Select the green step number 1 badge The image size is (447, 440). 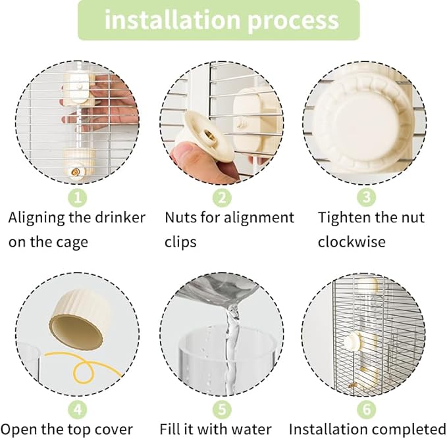(x=78, y=197)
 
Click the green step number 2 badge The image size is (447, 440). (x=222, y=197)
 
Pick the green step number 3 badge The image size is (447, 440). (x=366, y=197)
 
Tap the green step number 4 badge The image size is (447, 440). (x=78, y=409)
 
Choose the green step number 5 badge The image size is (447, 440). (x=222, y=409)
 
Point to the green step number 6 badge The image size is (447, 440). (x=366, y=409)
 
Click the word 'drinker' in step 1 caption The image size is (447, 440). (x=120, y=218)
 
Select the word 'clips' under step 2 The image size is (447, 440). (x=180, y=242)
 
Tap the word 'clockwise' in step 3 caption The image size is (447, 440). (x=352, y=242)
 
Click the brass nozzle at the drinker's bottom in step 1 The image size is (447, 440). (x=76, y=172)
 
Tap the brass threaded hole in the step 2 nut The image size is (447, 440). (x=208, y=134)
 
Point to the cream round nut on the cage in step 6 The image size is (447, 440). (x=353, y=342)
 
